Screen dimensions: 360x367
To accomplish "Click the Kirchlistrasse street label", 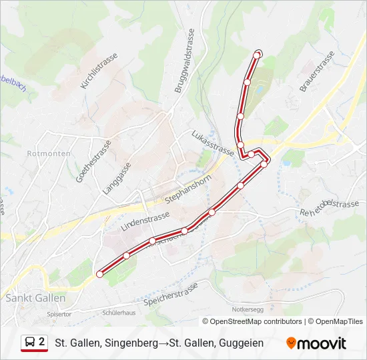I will click(98, 71).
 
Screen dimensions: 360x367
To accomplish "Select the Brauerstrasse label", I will click(316, 71).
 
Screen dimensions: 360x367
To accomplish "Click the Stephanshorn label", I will click(188, 189).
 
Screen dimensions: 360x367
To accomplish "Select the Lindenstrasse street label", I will click(146, 217).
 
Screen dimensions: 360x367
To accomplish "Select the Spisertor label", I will click(59, 313).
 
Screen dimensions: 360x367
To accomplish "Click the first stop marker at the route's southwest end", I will click(100, 274).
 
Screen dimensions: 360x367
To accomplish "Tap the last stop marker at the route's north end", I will click(258, 54).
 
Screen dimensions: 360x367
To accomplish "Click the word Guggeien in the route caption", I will click(240, 343).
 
